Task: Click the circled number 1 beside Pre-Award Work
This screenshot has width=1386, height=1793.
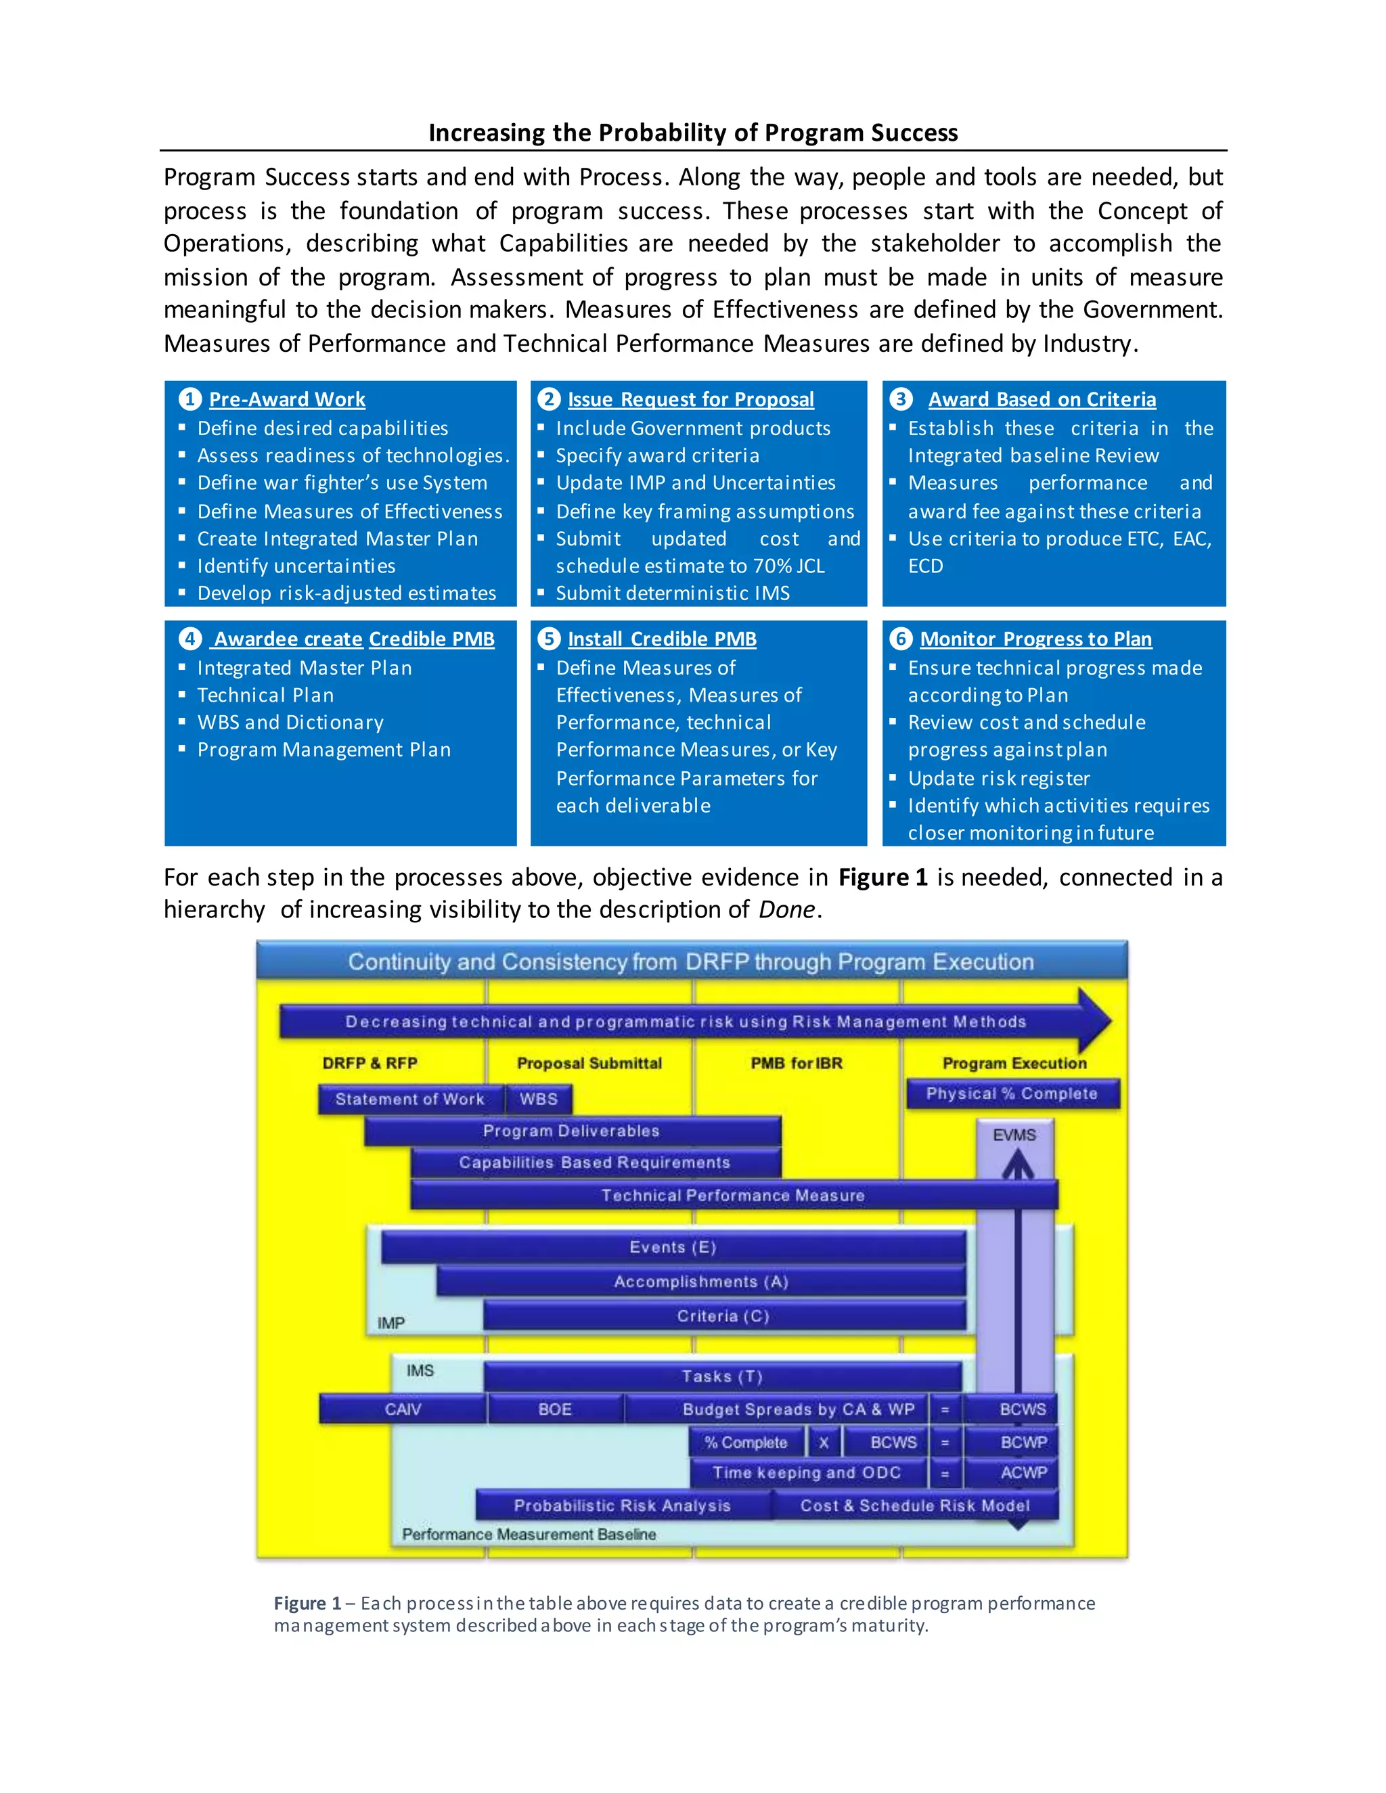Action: coord(189,399)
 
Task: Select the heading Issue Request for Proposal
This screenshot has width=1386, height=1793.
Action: coord(690,400)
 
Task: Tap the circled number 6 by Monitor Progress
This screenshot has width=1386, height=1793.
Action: coord(901,639)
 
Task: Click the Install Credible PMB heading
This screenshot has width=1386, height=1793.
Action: coord(662,639)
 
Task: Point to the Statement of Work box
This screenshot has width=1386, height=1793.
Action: coord(409,1099)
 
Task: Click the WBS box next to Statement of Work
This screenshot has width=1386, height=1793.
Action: coord(539,1099)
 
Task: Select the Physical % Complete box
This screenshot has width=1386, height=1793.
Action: coord(1012,1093)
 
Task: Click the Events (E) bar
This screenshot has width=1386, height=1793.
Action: coord(673,1247)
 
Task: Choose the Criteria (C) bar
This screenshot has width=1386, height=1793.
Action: coord(723,1316)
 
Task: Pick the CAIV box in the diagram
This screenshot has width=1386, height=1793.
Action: coord(403,1409)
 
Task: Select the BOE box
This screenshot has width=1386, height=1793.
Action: coord(555,1409)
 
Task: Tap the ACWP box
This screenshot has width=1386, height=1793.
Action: coord(1023,1473)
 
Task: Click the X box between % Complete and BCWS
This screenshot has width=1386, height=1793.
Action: coord(824,1443)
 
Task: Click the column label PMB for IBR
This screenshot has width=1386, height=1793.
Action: coord(797,1063)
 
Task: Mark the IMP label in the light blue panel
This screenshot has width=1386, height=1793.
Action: coord(391,1323)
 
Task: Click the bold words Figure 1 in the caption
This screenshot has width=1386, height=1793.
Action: coord(307,1604)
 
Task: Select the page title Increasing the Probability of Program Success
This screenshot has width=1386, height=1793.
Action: coord(693,133)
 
